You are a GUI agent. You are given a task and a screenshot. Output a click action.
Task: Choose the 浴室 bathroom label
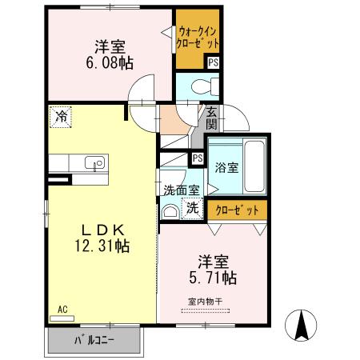point(226,168)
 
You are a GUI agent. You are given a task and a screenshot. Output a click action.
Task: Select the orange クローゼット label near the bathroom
point(238,210)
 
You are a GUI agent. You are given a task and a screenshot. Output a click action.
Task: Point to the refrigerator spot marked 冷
point(61,117)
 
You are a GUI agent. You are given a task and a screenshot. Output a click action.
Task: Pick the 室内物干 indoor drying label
point(203,302)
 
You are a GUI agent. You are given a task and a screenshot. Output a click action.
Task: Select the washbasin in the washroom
point(170,211)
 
